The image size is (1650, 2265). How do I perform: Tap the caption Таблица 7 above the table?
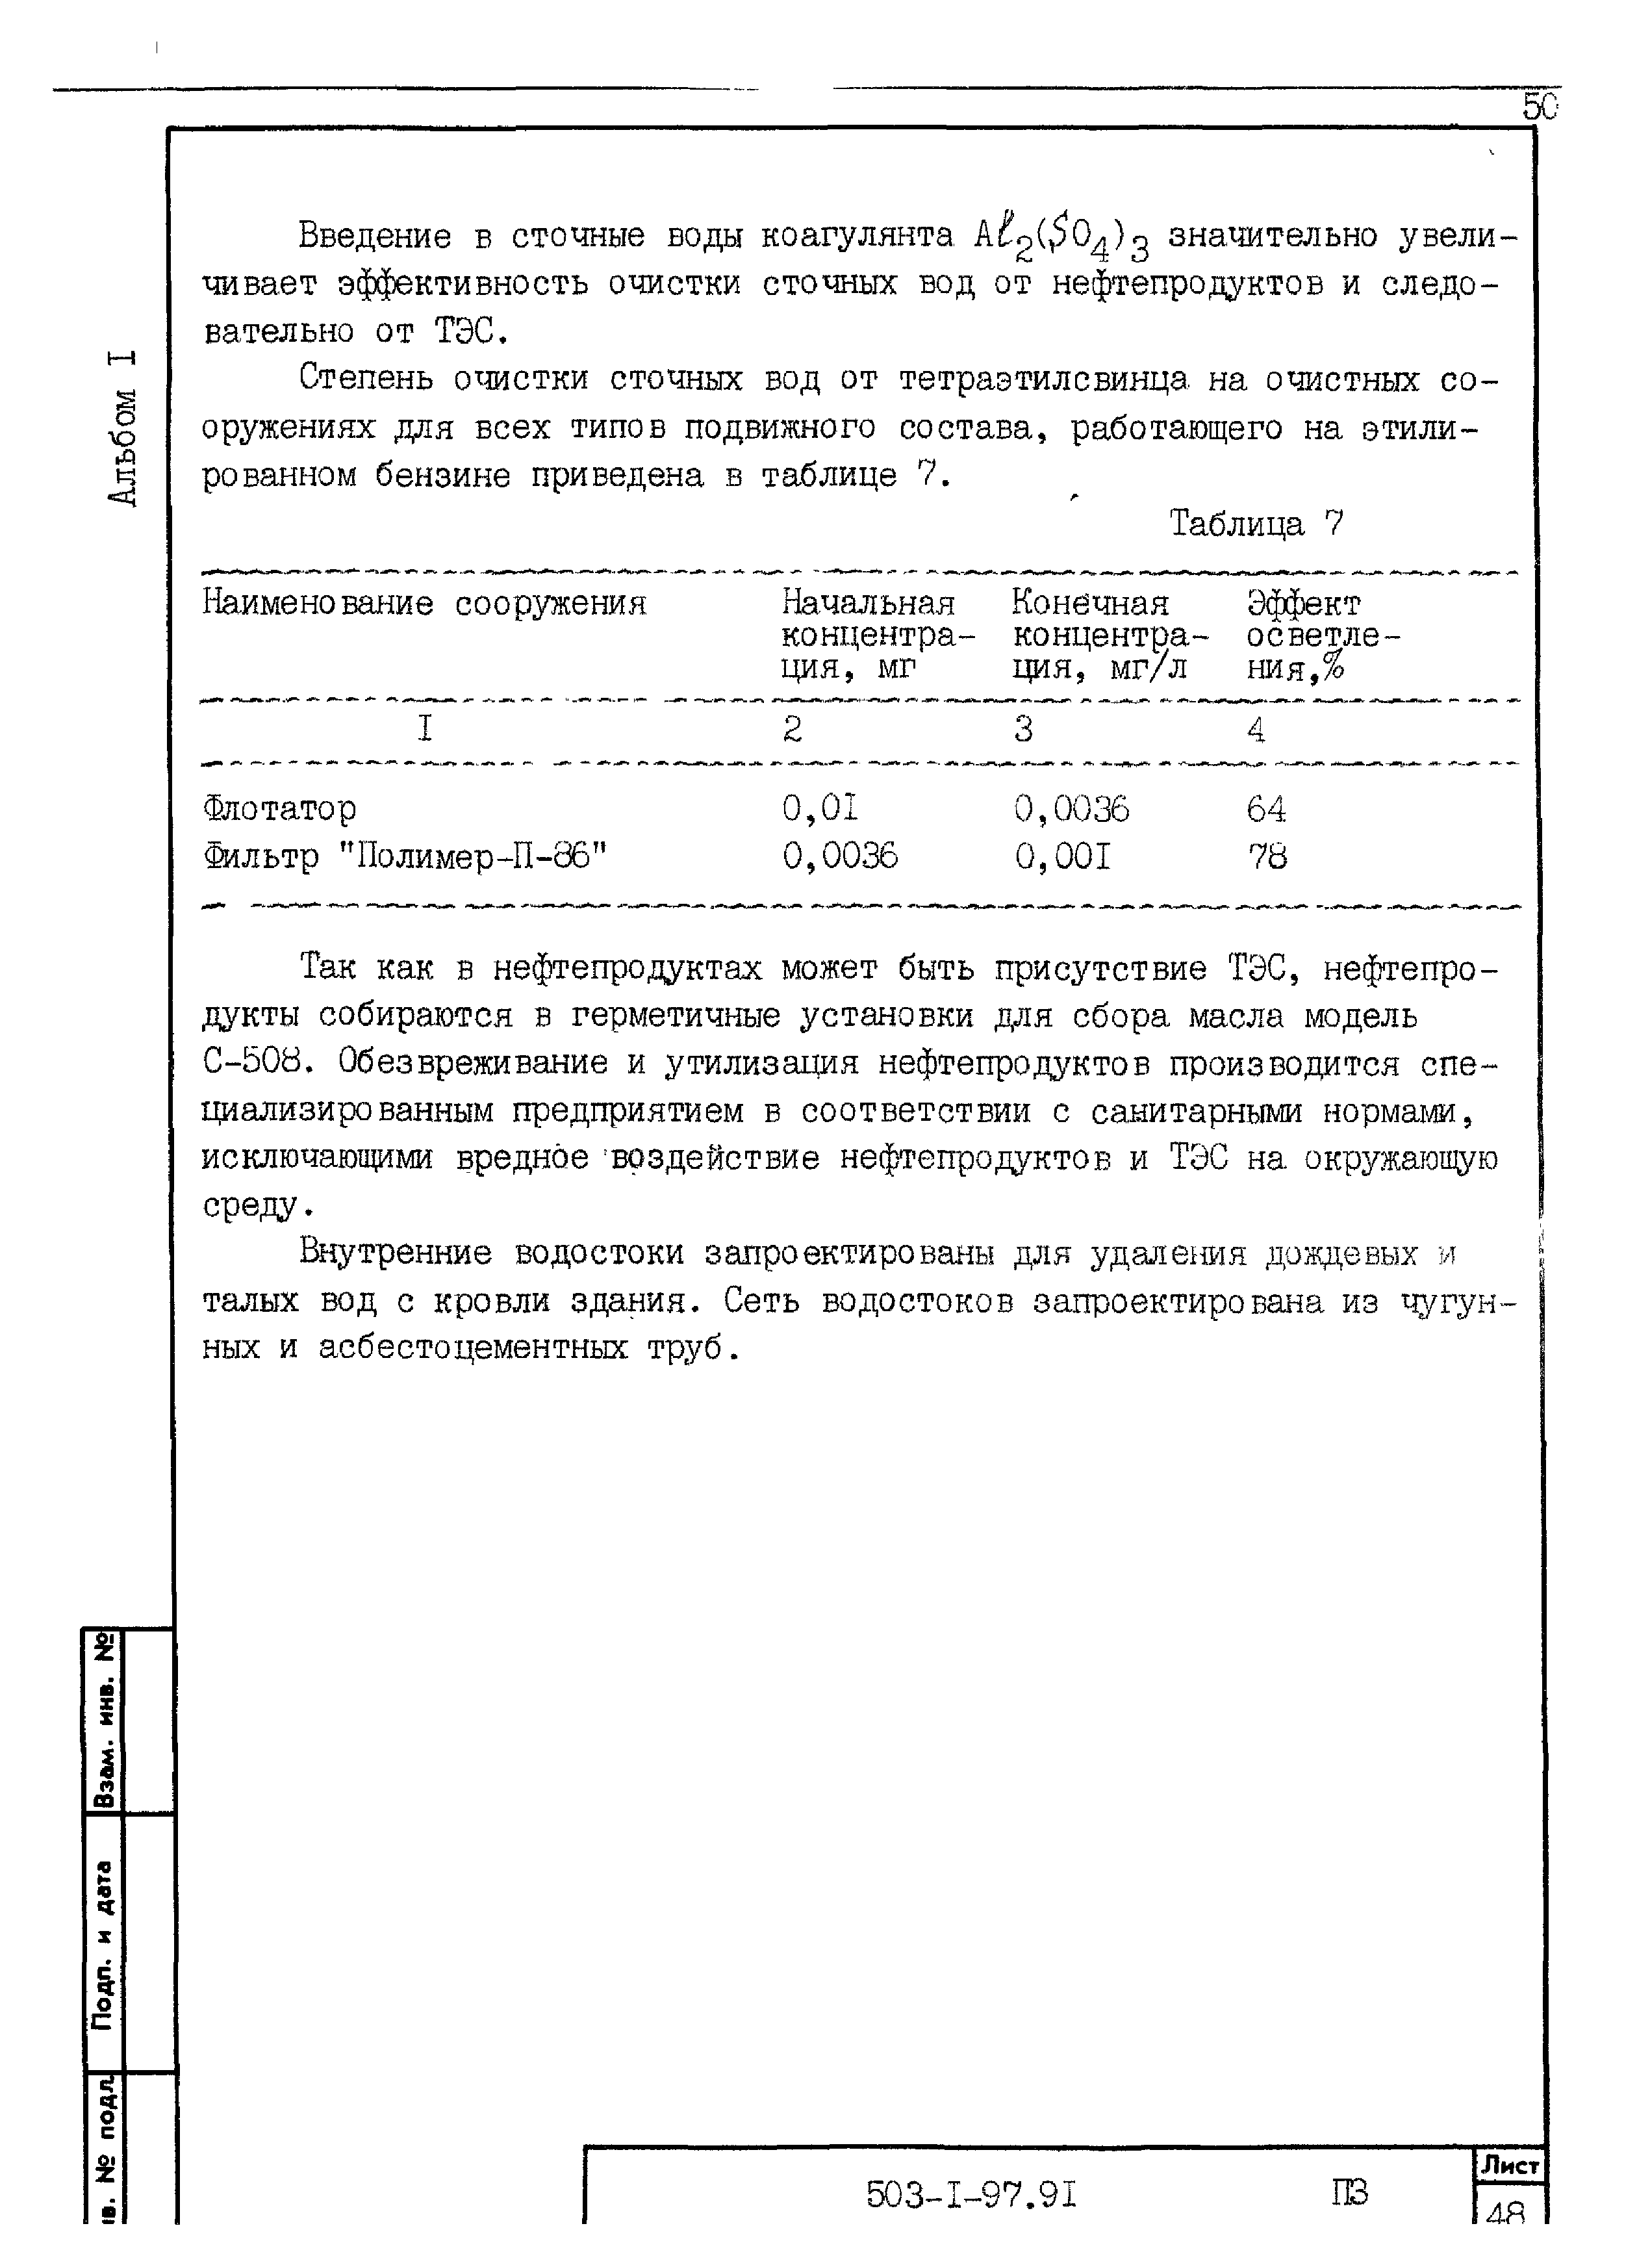point(1256,524)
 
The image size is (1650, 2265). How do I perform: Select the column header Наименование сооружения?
point(424,604)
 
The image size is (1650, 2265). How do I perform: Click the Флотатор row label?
point(280,808)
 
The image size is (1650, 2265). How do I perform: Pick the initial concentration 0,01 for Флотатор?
point(820,808)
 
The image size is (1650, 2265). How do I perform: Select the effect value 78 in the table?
point(1267,856)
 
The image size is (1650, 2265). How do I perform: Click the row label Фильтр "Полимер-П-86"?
point(405,856)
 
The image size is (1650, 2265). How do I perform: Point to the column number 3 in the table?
point(1022,730)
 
